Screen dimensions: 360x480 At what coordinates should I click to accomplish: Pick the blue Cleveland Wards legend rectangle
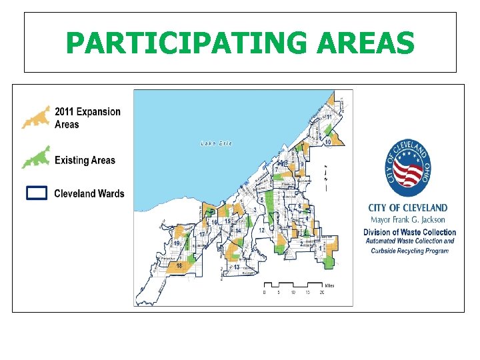click(x=37, y=193)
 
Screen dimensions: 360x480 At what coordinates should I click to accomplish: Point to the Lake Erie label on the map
click(x=217, y=144)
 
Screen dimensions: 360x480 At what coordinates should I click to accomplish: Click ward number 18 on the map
click(x=179, y=266)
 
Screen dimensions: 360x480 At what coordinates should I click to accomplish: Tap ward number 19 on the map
click(x=177, y=244)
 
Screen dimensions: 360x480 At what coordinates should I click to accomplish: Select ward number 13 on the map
click(x=237, y=267)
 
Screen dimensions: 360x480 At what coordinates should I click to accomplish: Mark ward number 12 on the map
click(x=262, y=230)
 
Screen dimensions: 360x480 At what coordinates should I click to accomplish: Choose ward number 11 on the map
click(x=329, y=117)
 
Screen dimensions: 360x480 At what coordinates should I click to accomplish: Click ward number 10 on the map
click(x=327, y=142)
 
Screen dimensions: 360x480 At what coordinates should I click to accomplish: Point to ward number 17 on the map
click(x=201, y=235)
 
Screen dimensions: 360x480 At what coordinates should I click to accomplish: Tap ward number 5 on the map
click(x=262, y=200)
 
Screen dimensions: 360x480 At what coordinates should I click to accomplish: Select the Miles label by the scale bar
click(x=329, y=285)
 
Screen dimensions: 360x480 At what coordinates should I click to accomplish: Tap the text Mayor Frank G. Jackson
click(x=408, y=219)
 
